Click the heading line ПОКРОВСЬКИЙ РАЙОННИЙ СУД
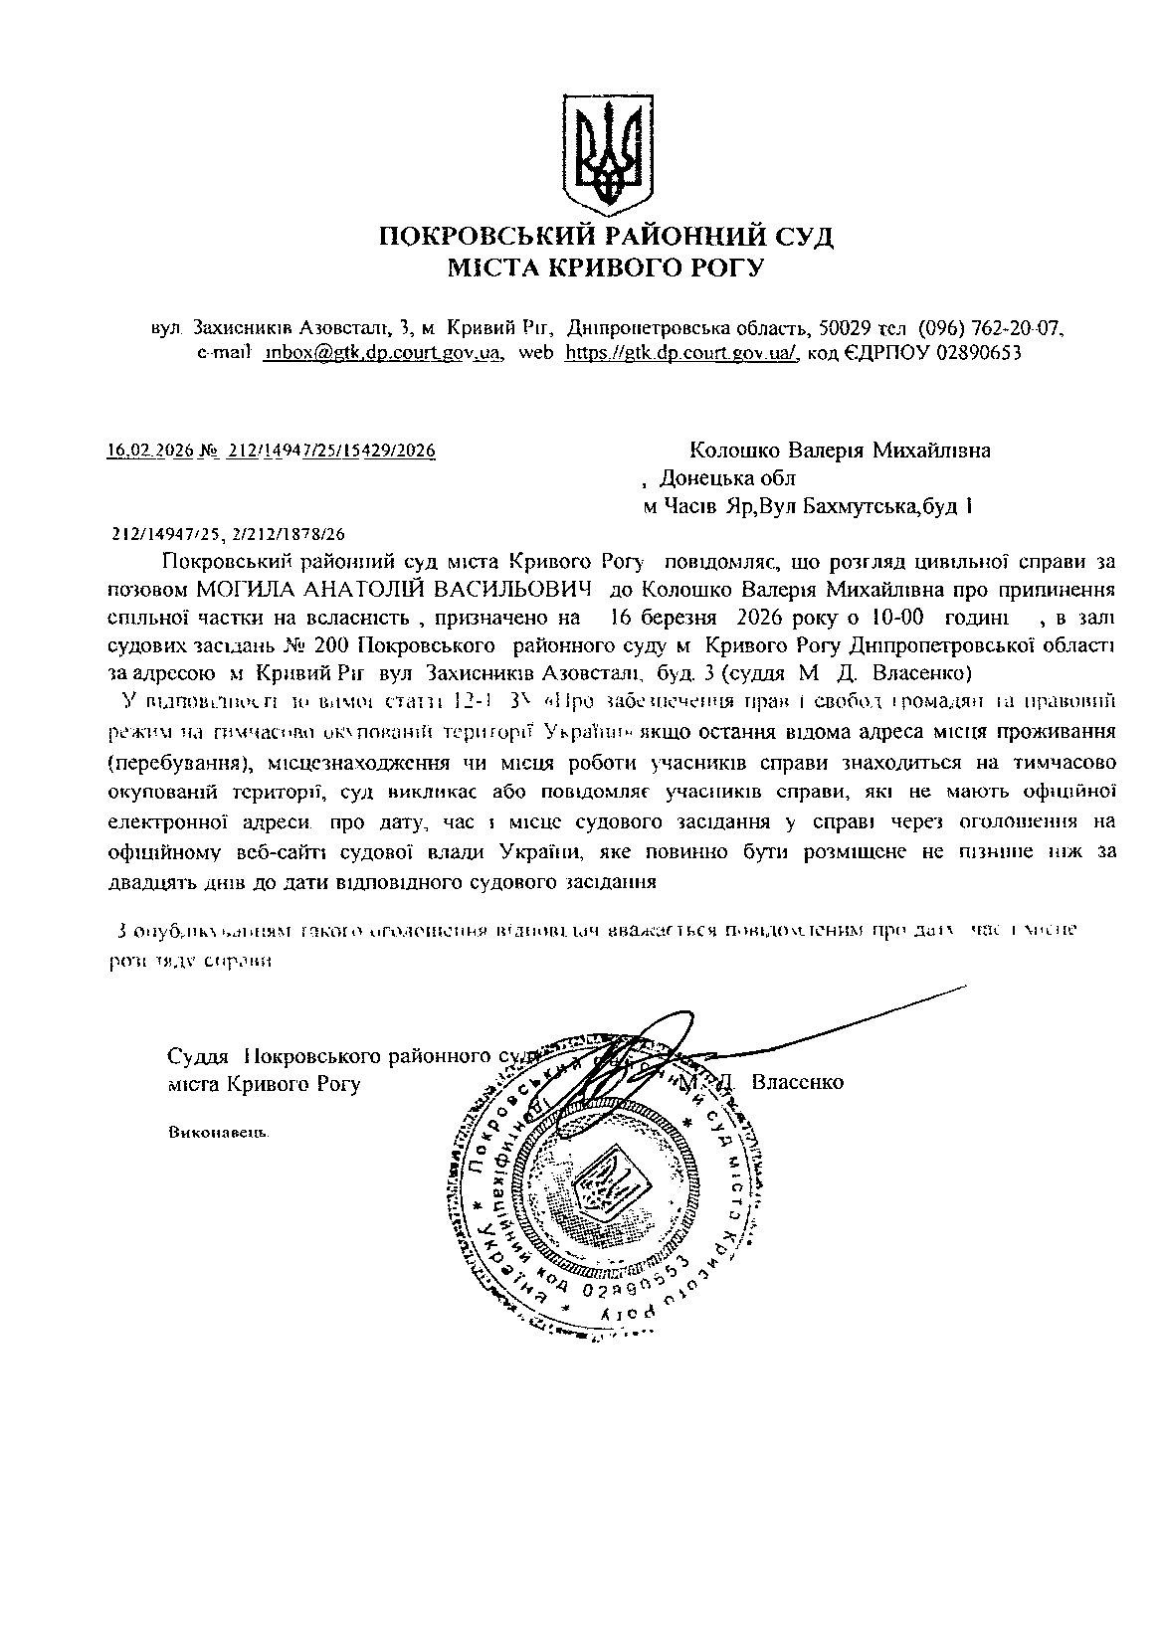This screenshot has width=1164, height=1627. coord(606,237)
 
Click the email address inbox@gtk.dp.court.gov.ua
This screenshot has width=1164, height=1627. coord(381,353)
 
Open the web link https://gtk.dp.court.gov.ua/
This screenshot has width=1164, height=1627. coord(681,353)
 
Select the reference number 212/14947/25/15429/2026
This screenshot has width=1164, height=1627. coord(331,451)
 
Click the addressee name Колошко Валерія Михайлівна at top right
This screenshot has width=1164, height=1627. coord(841,450)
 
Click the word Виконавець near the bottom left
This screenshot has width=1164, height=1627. coord(220,1133)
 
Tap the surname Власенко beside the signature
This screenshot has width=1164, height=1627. coord(798,1082)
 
